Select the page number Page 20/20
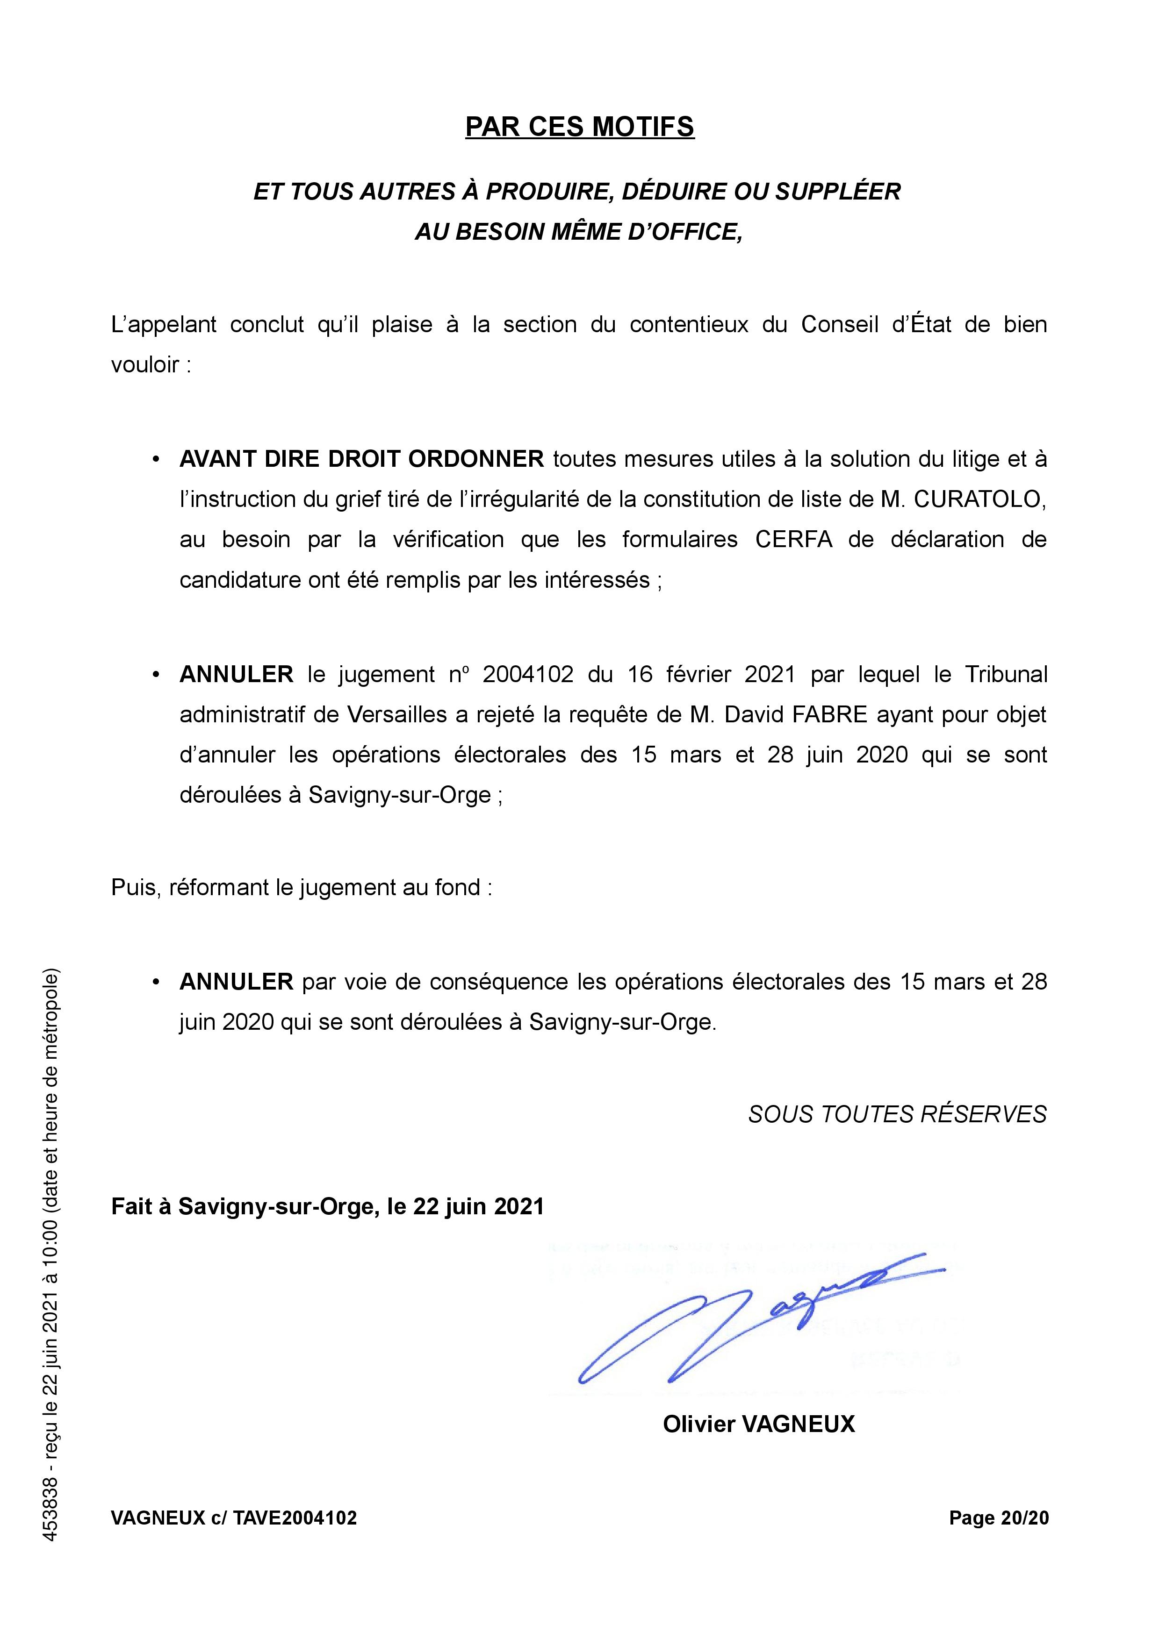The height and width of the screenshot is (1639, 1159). [x=998, y=1538]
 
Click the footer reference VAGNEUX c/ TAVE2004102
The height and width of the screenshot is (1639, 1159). [x=233, y=1538]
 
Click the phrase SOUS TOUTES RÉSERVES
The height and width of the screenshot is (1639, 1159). [x=897, y=1114]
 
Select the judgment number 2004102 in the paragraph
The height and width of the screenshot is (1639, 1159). [x=528, y=675]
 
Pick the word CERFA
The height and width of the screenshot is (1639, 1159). [x=793, y=539]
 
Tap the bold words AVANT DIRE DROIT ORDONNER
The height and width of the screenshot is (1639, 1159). [x=361, y=458]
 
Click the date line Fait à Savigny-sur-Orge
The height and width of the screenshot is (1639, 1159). [x=327, y=1206]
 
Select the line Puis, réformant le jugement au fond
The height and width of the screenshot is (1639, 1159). [x=302, y=887]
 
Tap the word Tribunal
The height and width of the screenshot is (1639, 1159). [x=1006, y=675]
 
